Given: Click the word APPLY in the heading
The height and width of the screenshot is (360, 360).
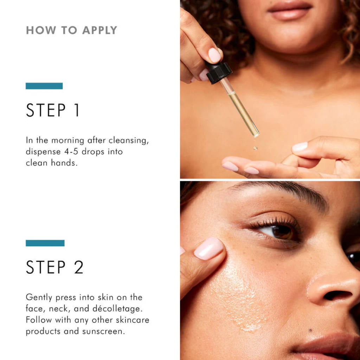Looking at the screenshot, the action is (99, 30).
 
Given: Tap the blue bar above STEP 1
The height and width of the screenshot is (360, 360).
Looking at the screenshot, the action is (44, 86).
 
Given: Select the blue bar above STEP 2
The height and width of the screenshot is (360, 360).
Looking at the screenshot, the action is (45, 243).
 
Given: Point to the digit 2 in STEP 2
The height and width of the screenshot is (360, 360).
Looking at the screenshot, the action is (78, 267).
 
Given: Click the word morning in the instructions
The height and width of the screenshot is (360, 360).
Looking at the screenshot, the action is (68, 141).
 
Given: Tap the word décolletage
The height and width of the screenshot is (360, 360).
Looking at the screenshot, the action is (117, 308).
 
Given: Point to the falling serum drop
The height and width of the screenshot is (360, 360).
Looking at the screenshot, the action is (255, 148).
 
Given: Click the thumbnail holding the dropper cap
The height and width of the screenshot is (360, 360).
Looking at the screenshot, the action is (215, 55).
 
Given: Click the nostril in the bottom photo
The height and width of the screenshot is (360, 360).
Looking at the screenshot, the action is (337, 295).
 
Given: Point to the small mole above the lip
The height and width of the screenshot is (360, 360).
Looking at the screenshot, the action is (310, 330).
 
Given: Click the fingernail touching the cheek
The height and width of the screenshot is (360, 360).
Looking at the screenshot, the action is (208, 249).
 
